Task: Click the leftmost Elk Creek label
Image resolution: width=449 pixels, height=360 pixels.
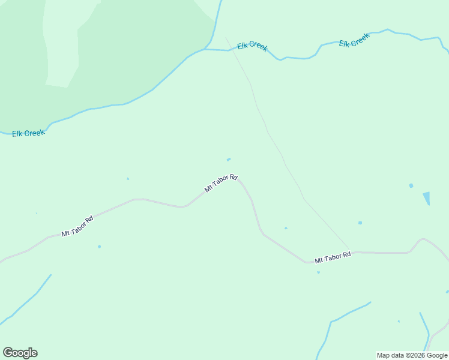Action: pyautogui.click(x=28, y=133)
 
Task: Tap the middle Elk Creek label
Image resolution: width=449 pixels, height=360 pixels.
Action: pyautogui.click(x=252, y=46)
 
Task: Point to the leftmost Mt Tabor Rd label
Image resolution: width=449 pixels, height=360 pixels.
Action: pyautogui.click(x=77, y=226)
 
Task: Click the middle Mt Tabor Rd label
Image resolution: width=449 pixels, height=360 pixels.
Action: pyautogui.click(x=221, y=183)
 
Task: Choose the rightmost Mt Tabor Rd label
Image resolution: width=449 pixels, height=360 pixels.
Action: pyautogui.click(x=333, y=258)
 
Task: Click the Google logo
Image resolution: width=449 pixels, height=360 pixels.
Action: pyautogui.click(x=20, y=352)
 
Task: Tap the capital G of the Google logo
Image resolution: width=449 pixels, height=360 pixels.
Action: pyautogui.click(x=8, y=352)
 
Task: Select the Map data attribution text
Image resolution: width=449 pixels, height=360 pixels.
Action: pyautogui.click(x=412, y=355)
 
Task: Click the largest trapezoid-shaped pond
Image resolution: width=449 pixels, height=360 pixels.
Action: pyautogui.click(x=427, y=197)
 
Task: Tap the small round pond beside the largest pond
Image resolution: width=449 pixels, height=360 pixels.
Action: pyautogui.click(x=411, y=185)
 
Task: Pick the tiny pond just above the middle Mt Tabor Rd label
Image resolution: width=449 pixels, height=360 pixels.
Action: pyautogui.click(x=229, y=160)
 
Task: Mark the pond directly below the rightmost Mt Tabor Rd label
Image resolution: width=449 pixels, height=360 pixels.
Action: pyautogui.click(x=318, y=272)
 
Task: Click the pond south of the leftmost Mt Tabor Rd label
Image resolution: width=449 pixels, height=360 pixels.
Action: pyautogui.click(x=99, y=246)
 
